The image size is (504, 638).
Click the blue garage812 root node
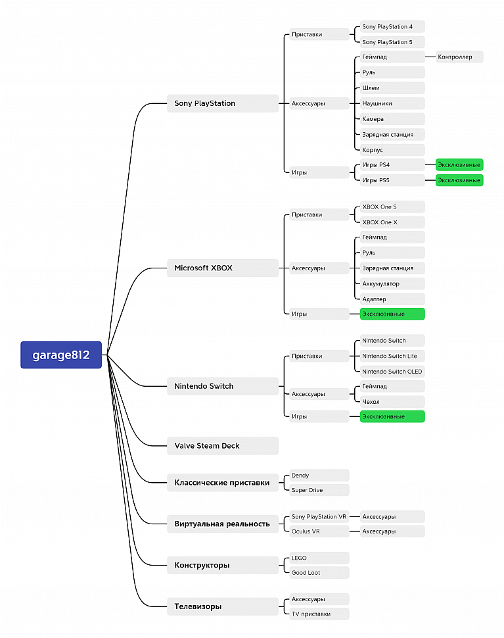(x=61, y=355)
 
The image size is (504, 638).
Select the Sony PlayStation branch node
(x=223, y=103)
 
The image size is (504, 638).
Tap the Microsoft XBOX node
(x=223, y=268)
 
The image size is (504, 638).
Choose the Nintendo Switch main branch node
(x=223, y=386)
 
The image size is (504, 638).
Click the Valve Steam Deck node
(x=223, y=446)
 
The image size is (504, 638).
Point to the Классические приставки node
(x=223, y=483)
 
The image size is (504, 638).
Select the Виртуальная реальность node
(x=223, y=524)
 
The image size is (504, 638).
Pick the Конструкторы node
(x=223, y=565)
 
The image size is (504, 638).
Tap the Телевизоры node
(x=223, y=606)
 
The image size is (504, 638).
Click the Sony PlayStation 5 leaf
(x=392, y=42)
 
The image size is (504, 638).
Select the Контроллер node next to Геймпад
(x=459, y=57)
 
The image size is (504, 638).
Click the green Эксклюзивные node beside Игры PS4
(x=459, y=165)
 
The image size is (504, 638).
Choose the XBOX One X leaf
(x=392, y=222)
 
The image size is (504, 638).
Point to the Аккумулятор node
(x=392, y=283)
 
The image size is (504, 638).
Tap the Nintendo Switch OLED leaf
(x=392, y=372)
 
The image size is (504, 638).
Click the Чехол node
(x=392, y=402)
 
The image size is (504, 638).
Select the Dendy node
(x=319, y=476)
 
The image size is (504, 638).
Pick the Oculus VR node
(x=319, y=531)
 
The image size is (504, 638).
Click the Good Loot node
(x=319, y=572)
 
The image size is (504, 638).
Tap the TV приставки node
(x=319, y=614)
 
